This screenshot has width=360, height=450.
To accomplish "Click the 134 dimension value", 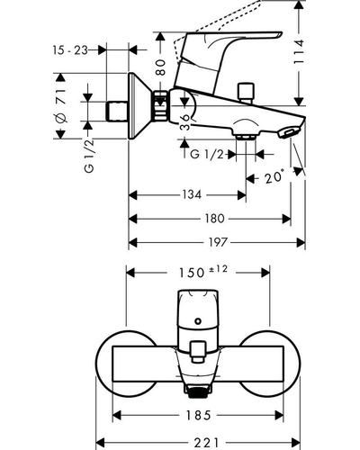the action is [x=192, y=195].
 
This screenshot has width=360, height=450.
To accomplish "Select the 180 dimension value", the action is [x=214, y=219].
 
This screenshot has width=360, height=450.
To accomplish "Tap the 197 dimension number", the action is [x=219, y=242].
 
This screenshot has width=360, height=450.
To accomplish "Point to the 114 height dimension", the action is [x=299, y=51].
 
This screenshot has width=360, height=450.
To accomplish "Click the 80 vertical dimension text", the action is [x=161, y=67].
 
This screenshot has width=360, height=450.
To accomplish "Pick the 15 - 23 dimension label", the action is [x=70, y=50].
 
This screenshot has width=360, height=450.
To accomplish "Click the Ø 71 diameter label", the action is [x=62, y=105].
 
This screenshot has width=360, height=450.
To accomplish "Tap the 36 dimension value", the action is [x=185, y=122].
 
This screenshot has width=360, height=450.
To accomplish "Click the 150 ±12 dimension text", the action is [x=203, y=272].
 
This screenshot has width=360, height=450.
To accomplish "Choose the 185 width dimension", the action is [x=199, y=416].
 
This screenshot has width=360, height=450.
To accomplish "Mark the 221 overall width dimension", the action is [x=207, y=442].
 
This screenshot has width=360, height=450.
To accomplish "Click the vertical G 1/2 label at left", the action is [x=89, y=156].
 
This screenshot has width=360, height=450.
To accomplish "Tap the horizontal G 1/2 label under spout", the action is [x=207, y=155].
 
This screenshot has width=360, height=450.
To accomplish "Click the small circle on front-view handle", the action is [x=198, y=321].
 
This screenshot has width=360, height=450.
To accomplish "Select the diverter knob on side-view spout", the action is [x=246, y=93].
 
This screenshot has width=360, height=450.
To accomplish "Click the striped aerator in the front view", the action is [x=197, y=392].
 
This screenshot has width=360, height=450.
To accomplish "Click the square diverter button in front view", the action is [x=197, y=352].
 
